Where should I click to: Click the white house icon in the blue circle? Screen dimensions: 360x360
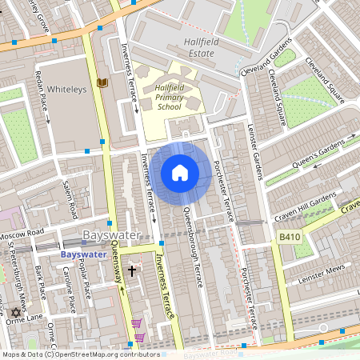pos(180,173)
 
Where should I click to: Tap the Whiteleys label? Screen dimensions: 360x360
pos(66,89)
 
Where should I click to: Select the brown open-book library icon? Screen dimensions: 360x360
pos(102,82)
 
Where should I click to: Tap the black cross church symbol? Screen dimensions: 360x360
pos(132,272)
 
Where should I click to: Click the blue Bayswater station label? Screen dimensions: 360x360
pos(83,254)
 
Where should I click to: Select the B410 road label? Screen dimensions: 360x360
pos(290,238)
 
